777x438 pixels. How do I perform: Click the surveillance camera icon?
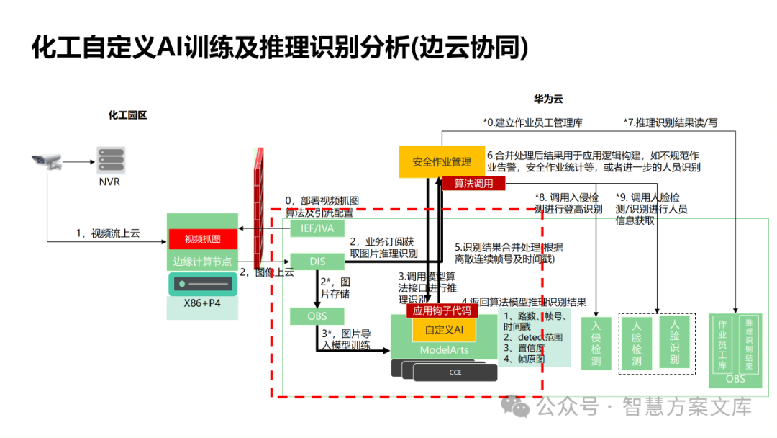(x=47, y=162)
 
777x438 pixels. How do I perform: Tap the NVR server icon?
(x=109, y=160)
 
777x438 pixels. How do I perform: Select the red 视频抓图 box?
(x=202, y=239)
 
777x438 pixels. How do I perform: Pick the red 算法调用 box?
(x=473, y=184)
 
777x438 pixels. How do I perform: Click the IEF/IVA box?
(x=317, y=228)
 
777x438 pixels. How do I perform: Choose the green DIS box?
(x=317, y=261)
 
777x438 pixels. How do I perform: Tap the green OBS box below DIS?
(x=317, y=316)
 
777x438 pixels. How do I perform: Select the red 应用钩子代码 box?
(x=442, y=310)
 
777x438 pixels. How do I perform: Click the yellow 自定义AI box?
(x=444, y=330)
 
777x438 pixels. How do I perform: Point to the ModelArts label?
(x=444, y=350)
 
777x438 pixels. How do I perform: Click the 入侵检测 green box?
(x=596, y=343)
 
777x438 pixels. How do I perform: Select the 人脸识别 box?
(x=674, y=341)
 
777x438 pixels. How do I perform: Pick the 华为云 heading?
(x=547, y=98)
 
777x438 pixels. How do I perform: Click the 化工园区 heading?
(x=127, y=115)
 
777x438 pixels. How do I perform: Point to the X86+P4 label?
(x=202, y=303)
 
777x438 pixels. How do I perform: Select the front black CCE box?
(x=455, y=372)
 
